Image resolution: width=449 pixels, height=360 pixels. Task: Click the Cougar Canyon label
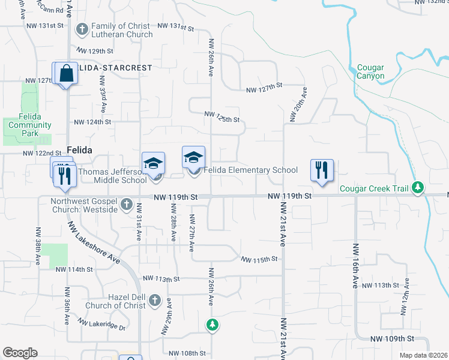click(370, 72)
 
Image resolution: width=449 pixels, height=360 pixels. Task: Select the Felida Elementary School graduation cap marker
click(193, 158)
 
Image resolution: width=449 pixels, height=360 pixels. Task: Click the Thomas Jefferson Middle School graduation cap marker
click(153, 163)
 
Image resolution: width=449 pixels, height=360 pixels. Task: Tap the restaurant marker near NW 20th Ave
click(322, 170)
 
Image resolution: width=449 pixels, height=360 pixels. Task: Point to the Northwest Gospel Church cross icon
click(126, 205)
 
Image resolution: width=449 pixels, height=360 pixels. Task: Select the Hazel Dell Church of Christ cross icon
click(154, 300)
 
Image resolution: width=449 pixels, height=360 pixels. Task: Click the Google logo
click(20, 353)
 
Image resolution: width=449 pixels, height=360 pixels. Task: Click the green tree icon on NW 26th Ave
click(211, 325)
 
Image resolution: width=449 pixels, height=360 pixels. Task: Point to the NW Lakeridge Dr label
click(106, 328)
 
